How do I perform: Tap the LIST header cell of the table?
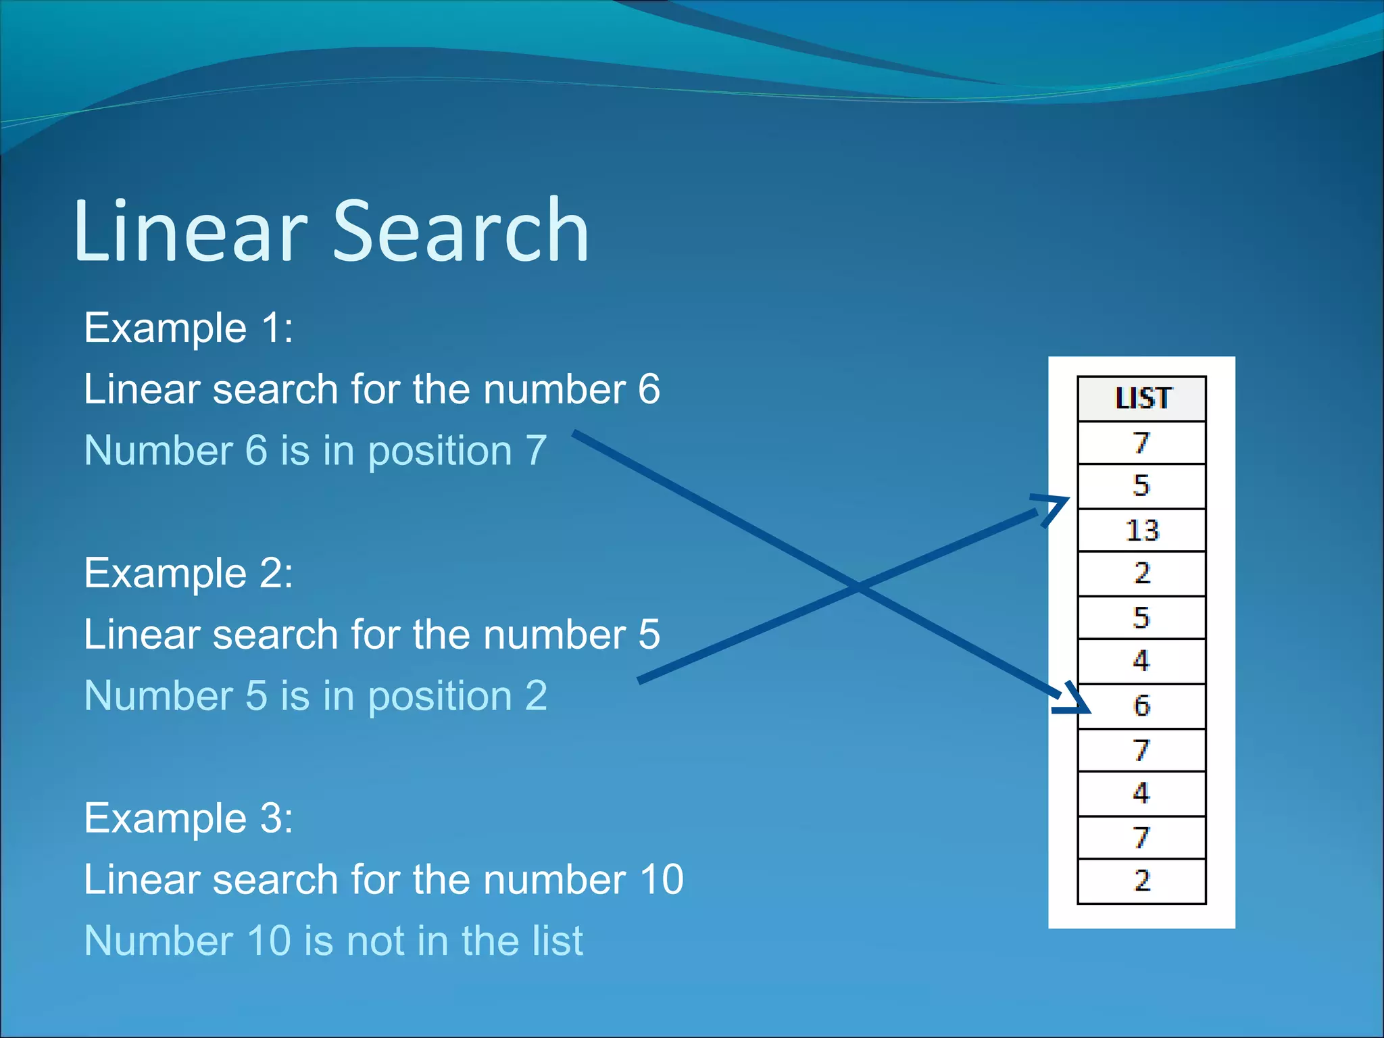1141,399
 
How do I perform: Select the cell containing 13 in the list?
1141,530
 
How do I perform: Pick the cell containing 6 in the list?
1141,706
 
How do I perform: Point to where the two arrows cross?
859,586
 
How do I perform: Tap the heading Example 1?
189,328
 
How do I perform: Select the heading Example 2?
189,574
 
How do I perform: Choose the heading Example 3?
189,818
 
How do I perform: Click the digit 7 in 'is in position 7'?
536,451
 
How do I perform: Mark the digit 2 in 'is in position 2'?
536,696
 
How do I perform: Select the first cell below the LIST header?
1141,443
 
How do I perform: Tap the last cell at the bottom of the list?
1141,881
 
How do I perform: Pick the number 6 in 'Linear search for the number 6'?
649,389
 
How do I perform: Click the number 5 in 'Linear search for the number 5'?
649,635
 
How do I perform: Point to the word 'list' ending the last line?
555,941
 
